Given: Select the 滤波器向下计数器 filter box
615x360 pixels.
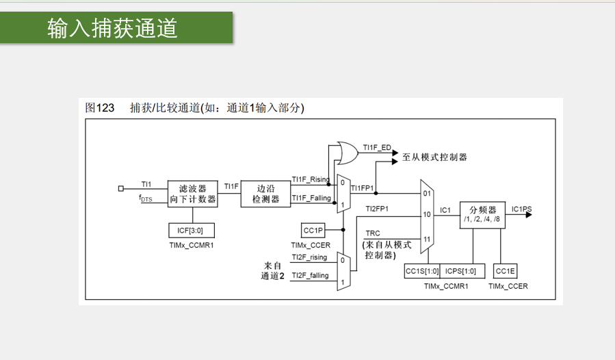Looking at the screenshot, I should [192, 193].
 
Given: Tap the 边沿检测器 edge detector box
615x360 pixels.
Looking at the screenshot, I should [266, 193].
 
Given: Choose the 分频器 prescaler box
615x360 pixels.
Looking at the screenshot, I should [482, 214].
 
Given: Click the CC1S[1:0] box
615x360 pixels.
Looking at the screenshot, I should [421, 271].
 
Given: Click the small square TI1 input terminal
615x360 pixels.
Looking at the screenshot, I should [121, 187].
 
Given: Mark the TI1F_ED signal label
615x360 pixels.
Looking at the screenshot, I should [377, 147].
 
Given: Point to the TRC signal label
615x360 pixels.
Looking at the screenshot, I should [373, 233].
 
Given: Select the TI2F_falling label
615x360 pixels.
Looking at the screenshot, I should [310, 275].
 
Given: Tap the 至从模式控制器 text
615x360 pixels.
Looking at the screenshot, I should [434, 157].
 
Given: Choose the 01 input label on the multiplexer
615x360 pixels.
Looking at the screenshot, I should [426, 193].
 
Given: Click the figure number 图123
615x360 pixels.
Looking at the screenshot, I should [100, 107].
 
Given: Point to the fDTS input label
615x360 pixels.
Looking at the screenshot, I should [146, 198].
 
